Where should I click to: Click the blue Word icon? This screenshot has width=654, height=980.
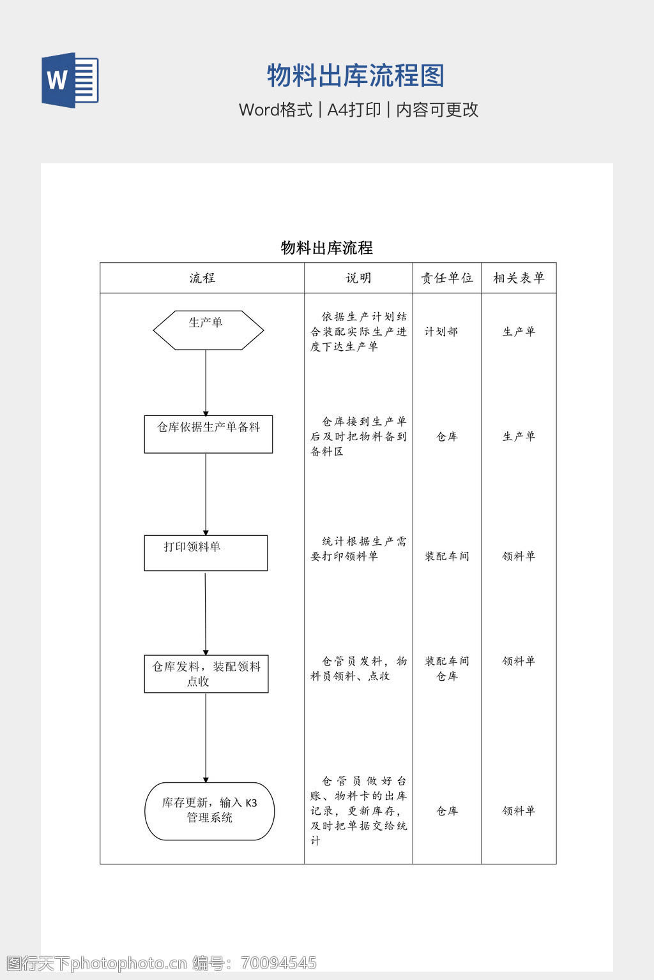[70, 80]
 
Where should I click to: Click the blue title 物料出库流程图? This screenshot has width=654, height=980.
[355, 76]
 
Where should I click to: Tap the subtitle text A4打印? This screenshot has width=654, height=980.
[354, 110]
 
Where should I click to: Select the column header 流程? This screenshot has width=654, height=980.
[202, 278]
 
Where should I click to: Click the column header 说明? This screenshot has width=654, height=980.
[358, 278]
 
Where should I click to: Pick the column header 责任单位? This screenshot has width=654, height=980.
[447, 278]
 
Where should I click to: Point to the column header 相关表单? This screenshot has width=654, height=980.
[519, 278]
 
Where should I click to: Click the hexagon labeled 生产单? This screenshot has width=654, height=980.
[208, 330]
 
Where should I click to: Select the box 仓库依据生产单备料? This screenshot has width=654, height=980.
[208, 434]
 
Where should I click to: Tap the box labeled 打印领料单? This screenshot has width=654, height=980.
[206, 553]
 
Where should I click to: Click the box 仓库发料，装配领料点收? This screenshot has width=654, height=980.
[206, 674]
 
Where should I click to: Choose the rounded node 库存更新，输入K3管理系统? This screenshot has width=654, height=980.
[209, 811]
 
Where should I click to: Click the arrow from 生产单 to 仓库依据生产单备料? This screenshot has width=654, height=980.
[206, 383]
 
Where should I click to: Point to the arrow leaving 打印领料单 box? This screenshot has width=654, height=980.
[206, 612]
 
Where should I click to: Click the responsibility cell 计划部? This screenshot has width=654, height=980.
[441, 332]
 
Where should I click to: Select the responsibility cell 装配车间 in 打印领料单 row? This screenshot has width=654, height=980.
[447, 556]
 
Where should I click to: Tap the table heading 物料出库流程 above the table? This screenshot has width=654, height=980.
[326, 248]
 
